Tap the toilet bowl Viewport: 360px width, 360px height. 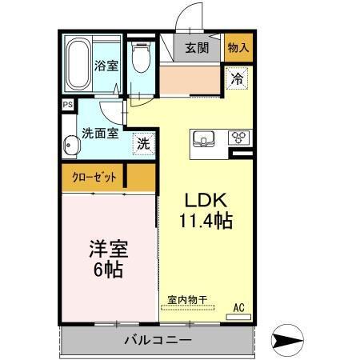(x=142, y=58)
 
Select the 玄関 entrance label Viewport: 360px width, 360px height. (x=196, y=47)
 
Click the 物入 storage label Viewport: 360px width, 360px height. (x=238, y=47)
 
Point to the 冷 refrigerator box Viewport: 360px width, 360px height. (x=237, y=79)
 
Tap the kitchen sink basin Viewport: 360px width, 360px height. (x=205, y=138)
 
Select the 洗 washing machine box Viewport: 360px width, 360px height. (x=142, y=146)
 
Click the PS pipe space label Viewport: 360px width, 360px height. (x=67, y=104)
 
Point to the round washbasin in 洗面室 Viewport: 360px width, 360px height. (x=71, y=146)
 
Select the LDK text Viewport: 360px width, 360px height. (x=204, y=200)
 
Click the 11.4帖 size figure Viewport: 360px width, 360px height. (x=205, y=222)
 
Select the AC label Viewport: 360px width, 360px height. (x=238, y=306)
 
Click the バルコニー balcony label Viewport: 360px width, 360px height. (x=158, y=342)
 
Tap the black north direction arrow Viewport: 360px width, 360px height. (x=287, y=340)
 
